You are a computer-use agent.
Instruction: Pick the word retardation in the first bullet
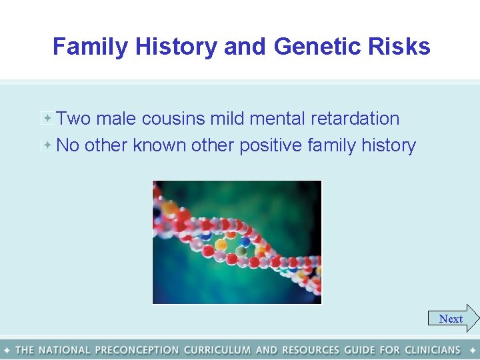355,119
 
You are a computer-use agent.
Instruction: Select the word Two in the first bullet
73,119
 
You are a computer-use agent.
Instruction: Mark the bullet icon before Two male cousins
47,118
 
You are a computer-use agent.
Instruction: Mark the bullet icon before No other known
47,144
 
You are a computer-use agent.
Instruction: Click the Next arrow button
453,319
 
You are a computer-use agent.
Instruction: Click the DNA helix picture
237,242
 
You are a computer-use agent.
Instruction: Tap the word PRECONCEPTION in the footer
137,350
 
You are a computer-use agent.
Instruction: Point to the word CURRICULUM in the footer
217,350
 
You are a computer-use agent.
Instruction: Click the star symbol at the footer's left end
7,350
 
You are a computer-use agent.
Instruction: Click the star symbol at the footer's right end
473,350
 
